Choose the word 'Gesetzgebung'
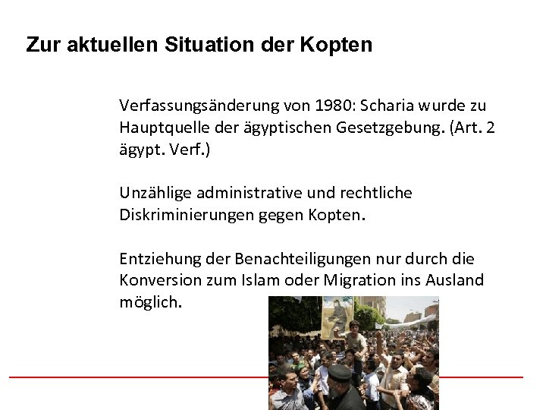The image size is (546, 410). tap(399, 127)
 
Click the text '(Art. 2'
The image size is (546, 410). tap(472, 127)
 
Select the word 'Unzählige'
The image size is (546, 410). tap(152, 193)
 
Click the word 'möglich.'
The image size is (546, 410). tap(151, 303)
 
